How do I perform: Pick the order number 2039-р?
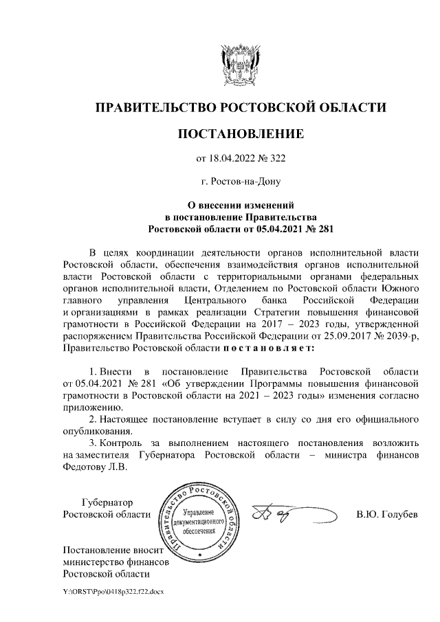399,335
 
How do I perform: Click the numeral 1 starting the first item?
93,372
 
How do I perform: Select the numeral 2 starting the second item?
93,419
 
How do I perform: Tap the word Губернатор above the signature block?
107,502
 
